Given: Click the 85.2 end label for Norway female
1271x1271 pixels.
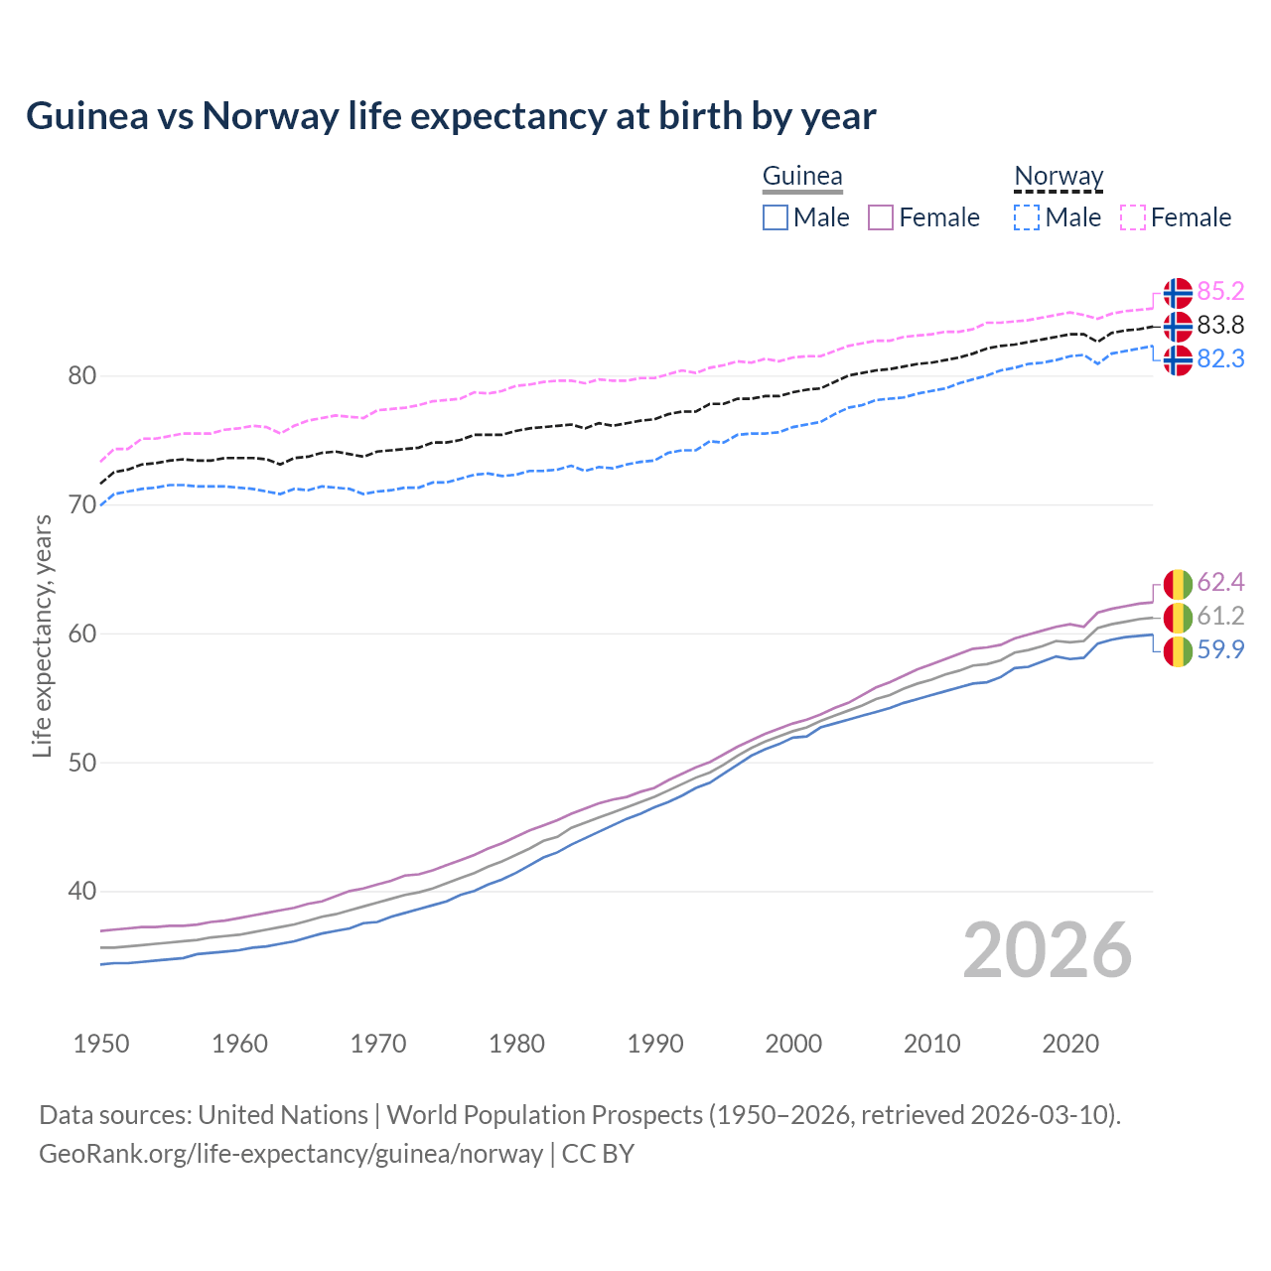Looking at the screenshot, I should tap(1220, 291).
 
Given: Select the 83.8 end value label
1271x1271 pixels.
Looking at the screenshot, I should tap(1220, 325).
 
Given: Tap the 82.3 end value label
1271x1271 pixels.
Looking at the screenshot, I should tap(1220, 358).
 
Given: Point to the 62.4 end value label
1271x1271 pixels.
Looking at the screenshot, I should tap(1220, 582).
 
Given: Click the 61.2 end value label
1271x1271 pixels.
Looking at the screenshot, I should tap(1220, 616).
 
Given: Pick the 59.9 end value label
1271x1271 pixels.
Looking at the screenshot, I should tap(1220, 649).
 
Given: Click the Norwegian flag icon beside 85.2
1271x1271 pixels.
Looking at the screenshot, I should tap(1178, 293).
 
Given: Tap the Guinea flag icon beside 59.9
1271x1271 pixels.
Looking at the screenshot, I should tap(1178, 651).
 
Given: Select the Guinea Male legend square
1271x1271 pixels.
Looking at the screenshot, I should tap(776, 217).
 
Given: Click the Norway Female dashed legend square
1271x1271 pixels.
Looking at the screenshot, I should tap(1133, 217).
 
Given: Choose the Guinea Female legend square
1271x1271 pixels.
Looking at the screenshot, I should tap(881, 217).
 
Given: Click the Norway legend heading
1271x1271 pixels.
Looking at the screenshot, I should tap(1059, 177).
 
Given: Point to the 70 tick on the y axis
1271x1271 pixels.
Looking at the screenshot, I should tap(81, 504).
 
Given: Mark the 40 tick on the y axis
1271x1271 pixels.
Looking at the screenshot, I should tap(81, 892).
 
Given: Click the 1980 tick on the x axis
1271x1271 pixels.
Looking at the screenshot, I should tap(516, 1044).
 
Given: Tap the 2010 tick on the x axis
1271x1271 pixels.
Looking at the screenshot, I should tap(931, 1044).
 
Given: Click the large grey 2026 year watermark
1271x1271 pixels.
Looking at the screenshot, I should tap(1047, 951).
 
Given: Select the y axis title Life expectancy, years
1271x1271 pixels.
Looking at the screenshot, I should tap(42, 635).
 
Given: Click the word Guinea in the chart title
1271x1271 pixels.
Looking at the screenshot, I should tap(84, 116).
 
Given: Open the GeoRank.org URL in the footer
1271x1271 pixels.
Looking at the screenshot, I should tap(290, 1154).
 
